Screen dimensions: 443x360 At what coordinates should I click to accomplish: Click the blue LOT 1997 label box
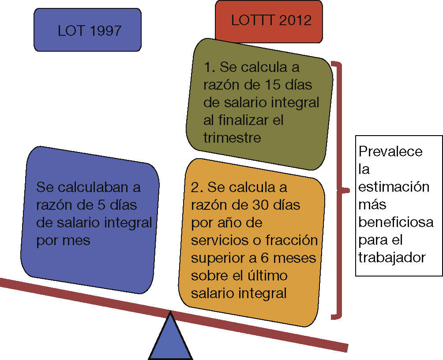[x=87, y=30]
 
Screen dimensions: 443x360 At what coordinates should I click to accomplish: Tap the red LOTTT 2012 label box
[x=269, y=21]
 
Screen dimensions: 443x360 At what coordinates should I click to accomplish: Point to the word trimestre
[x=232, y=137]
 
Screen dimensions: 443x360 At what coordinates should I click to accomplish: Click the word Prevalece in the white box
[x=390, y=152]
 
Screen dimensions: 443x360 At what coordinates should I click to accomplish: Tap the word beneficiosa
[x=395, y=222]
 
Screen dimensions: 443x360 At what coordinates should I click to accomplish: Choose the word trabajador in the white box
[x=392, y=258]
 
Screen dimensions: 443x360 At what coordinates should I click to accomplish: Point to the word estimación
[x=394, y=187]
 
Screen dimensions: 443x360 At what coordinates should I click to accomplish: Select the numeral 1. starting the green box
[x=209, y=67]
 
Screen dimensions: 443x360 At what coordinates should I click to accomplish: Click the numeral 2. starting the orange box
[x=197, y=187]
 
